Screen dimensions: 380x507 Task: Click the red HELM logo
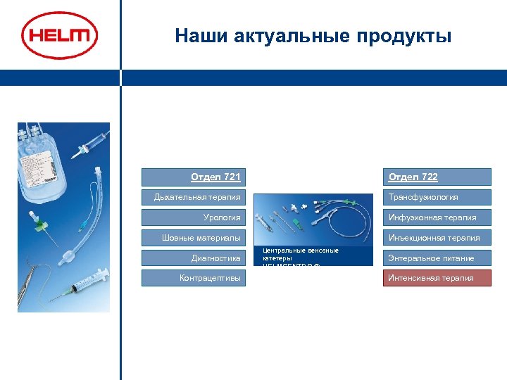point(60,36)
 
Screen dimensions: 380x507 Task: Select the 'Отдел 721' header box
point(194,177)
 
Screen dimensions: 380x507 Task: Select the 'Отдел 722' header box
point(437,177)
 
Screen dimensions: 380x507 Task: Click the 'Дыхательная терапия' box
point(194,197)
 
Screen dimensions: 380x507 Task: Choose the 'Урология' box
point(194,217)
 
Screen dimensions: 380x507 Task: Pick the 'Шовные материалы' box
point(194,238)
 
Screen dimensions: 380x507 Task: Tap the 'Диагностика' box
point(194,258)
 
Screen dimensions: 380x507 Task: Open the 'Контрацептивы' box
point(194,278)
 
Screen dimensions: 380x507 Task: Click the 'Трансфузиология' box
point(437,197)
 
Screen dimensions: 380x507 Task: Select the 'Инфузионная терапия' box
point(437,217)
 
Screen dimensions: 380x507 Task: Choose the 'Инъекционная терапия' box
point(437,238)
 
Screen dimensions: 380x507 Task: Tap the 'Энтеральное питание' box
point(437,258)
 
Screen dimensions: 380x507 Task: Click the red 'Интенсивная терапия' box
point(437,278)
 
